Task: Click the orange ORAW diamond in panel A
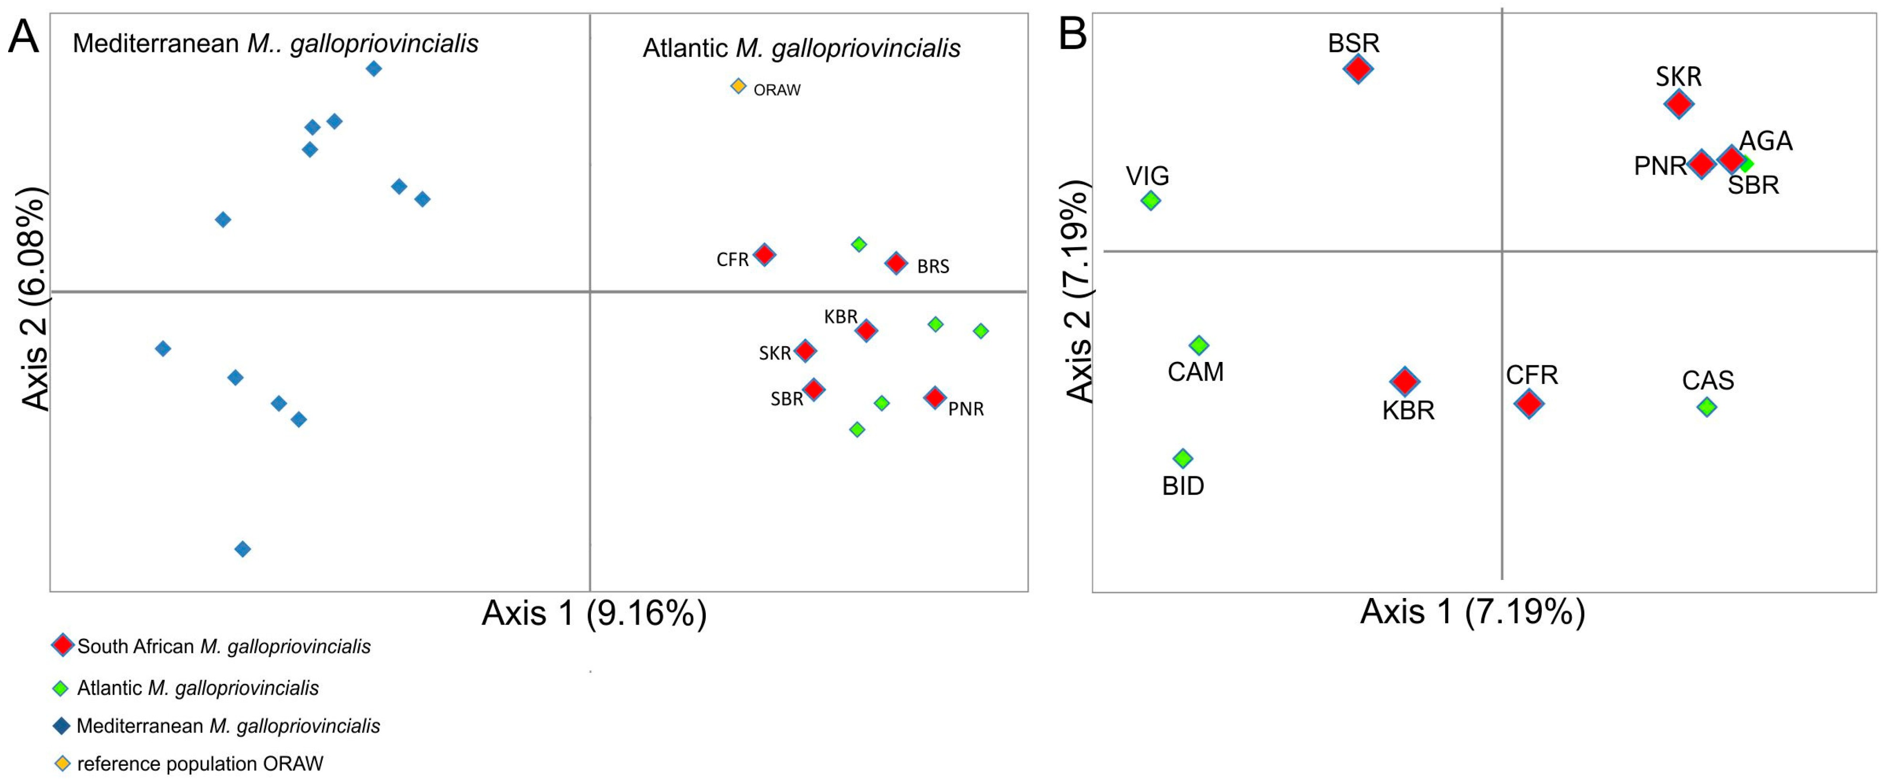click(738, 87)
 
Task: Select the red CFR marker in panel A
click(764, 255)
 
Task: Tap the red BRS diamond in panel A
click(896, 263)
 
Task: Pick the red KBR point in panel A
click(866, 330)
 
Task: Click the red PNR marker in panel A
click(934, 398)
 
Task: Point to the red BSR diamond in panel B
click(1358, 69)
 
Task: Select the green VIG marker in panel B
click(1151, 200)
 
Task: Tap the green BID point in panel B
click(1183, 459)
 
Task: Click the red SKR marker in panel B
click(1679, 104)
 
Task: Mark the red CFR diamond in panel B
click(1529, 403)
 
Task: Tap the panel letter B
click(1073, 34)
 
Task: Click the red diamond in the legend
click(62, 645)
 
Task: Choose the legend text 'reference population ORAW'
click(200, 763)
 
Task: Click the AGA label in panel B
click(1766, 141)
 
